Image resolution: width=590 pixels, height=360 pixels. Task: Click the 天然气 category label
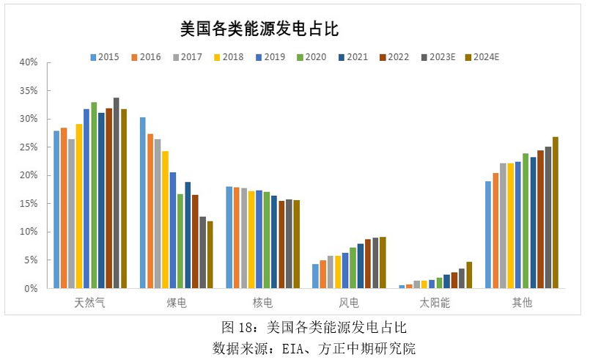click(x=89, y=302)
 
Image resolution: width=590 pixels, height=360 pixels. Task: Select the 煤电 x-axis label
click(x=176, y=302)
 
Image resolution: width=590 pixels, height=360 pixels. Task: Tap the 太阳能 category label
click(x=435, y=302)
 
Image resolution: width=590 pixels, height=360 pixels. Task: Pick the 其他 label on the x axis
click(x=521, y=302)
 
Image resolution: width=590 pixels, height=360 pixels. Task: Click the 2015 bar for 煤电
click(x=143, y=202)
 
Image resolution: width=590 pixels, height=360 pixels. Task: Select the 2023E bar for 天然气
click(x=116, y=193)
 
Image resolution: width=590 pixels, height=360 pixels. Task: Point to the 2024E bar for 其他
click(x=555, y=213)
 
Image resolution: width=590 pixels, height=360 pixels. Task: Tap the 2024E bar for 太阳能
click(x=469, y=275)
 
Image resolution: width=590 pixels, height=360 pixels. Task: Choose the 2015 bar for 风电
click(x=315, y=276)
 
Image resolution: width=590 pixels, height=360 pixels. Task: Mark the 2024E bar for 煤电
click(x=210, y=254)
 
